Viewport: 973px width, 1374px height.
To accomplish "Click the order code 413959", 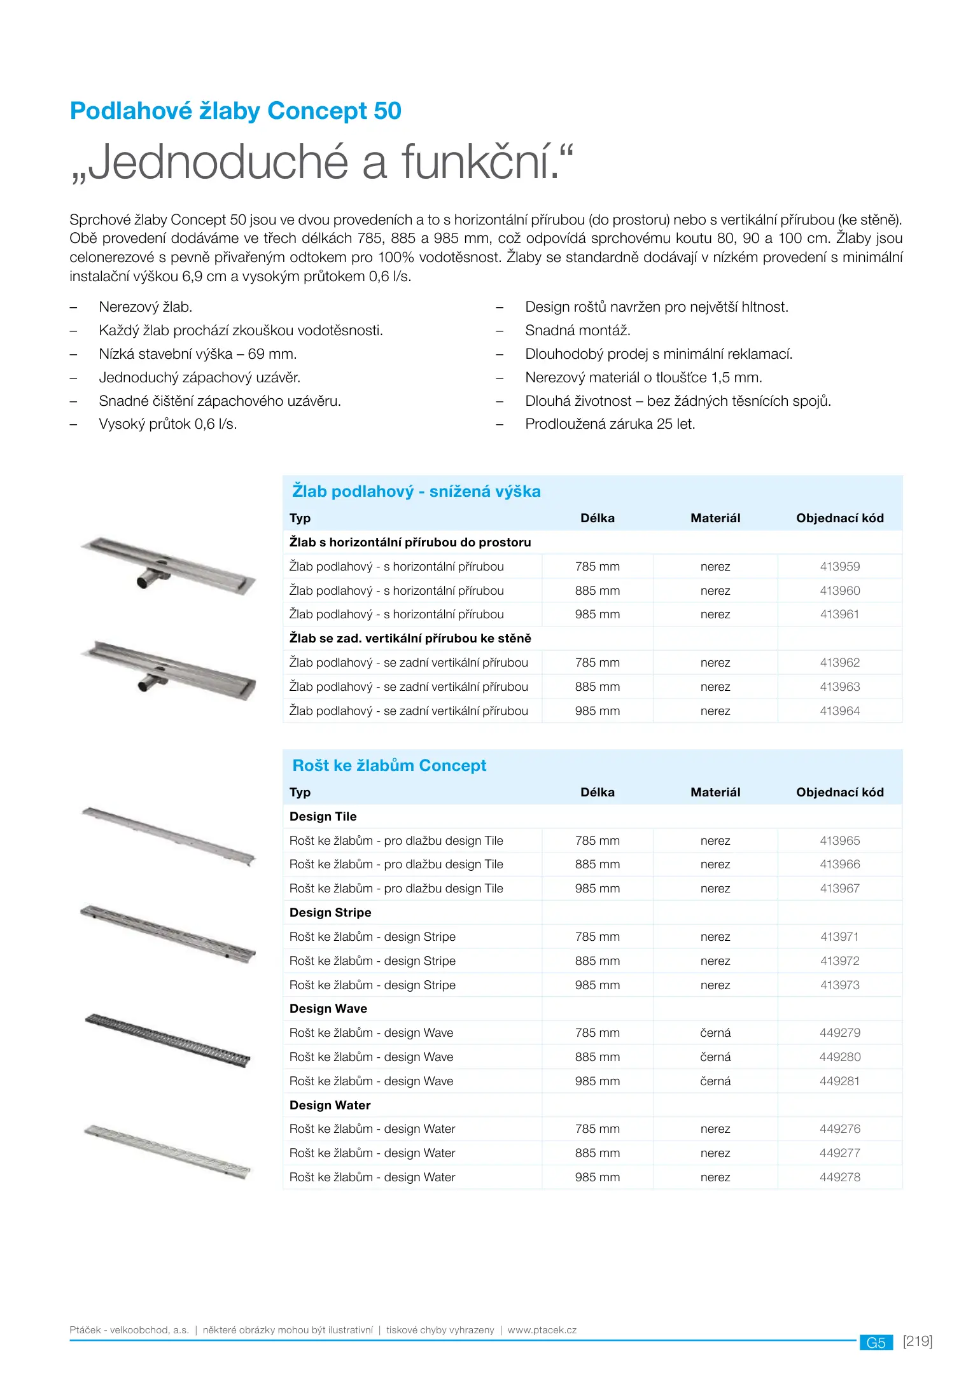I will (839, 566).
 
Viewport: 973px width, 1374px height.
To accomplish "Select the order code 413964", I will (839, 711).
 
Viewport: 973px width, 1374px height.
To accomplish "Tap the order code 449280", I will (839, 1057).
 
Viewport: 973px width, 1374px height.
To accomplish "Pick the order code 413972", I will (839, 961).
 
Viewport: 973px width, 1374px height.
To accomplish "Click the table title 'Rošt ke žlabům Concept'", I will (389, 765).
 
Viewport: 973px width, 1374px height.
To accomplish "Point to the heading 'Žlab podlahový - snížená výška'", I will (416, 491).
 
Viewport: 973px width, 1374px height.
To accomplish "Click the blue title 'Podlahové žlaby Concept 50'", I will (235, 111).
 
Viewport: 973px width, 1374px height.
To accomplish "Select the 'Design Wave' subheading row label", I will (328, 1008).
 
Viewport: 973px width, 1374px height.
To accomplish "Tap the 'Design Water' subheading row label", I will (330, 1105).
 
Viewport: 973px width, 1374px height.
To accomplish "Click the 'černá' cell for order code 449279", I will (715, 1032).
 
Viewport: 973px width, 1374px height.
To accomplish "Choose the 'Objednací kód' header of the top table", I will (839, 518).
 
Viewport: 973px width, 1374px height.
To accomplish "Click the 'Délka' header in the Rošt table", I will (597, 792).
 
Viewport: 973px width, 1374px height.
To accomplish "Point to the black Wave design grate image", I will (167, 1041).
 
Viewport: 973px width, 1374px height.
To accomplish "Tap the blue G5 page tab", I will (876, 1343).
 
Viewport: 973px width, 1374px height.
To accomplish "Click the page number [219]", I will (917, 1342).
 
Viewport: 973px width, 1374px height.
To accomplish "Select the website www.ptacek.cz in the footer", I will (542, 1330).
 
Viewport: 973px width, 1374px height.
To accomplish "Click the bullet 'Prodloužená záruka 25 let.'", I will (610, 424).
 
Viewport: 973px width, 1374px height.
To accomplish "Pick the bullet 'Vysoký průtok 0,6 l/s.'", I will (167, 424).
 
